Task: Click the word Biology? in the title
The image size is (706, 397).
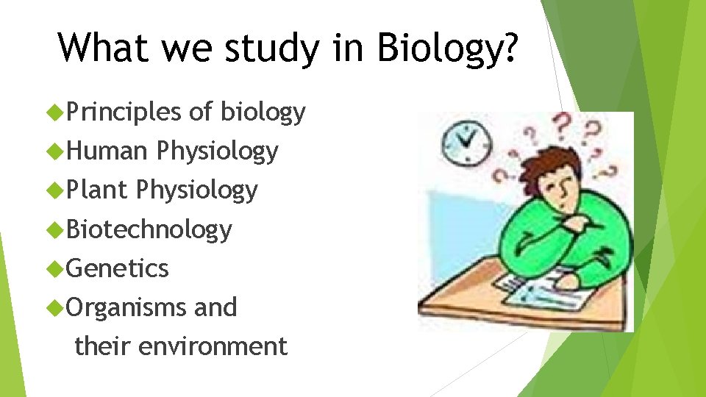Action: tap(448, 48)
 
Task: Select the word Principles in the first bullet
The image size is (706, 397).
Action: tap(124, 112)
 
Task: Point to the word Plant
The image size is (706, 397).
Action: tap(98, 190)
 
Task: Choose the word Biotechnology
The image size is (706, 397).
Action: tap(149, 229)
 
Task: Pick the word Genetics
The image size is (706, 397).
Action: tap(118, 268)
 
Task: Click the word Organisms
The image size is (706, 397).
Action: tap(126, 307)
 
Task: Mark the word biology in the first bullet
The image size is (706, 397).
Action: tap(263, 112)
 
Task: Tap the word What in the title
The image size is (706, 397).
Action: tap(101, 48)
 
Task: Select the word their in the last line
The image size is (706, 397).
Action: tap(104, 346)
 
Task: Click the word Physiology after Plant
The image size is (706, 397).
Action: tap(197, 190)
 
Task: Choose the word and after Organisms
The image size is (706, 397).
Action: tap(215, 307)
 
